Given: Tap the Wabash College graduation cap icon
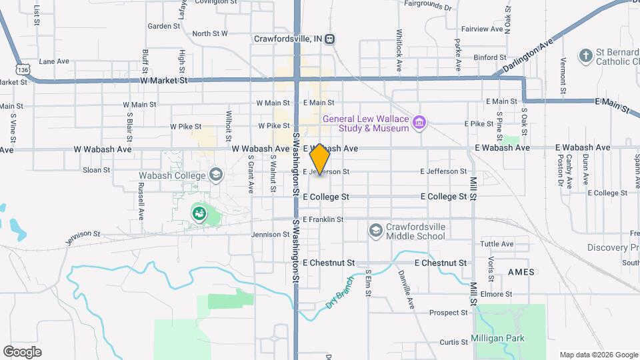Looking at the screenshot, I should pos(215,175).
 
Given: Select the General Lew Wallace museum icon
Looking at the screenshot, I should pos(419,123).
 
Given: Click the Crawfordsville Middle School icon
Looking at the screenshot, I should pos(376,231).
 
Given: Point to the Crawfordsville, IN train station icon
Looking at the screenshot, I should pos(330,39).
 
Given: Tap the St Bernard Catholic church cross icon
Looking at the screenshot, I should pos(585,56).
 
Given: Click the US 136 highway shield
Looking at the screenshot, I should pos(23,69).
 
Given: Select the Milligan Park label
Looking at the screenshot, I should pos(498,338).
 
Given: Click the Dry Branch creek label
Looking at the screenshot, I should pos(339,291).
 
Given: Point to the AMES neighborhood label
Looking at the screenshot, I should pos(521,273).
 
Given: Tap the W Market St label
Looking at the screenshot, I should pos(164,81).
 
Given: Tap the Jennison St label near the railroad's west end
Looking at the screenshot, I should pos(83,235).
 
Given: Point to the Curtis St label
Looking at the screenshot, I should pos(453,342).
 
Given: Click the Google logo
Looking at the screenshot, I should pos(22,352).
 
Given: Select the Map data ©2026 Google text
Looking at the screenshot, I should pos(598,355).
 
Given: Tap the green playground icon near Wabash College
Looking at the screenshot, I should pos(199,213).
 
